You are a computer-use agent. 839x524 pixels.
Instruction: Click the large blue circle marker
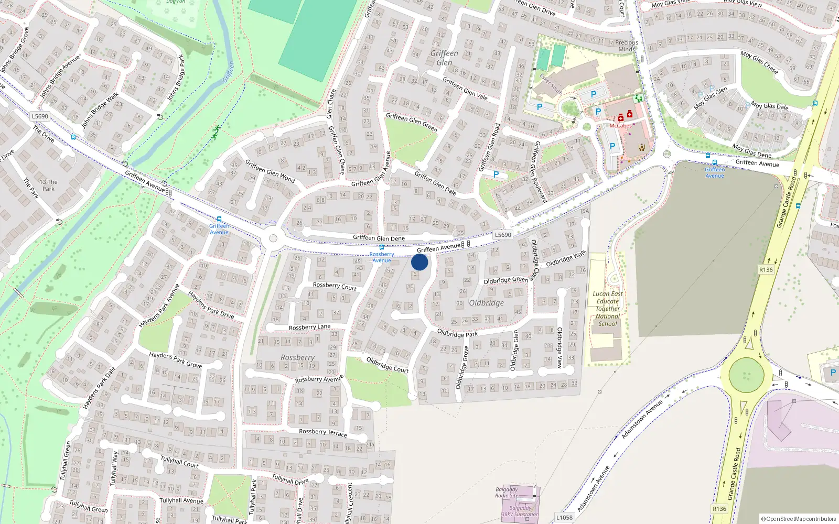419,262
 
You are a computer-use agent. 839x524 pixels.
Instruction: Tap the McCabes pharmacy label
620,126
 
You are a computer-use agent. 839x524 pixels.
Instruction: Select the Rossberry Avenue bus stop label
382,257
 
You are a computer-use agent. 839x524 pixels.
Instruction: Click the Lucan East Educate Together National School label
608,309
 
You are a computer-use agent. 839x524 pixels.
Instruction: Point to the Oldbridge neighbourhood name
486,303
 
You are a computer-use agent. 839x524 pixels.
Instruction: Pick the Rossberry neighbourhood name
297,357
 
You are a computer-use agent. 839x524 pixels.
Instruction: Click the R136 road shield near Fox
766,270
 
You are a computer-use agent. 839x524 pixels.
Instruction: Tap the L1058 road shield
564,517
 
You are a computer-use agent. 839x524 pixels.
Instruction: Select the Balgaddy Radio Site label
507,493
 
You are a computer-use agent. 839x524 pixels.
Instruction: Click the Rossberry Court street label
335,286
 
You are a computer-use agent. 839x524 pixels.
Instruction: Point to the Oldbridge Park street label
457,334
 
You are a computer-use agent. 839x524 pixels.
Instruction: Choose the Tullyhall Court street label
179,462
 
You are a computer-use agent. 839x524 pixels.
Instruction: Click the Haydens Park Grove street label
175,359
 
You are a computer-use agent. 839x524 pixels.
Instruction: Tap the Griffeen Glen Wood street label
270,171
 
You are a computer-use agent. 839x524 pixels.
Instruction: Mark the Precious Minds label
627,46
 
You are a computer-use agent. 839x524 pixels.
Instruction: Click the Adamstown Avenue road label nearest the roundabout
642,420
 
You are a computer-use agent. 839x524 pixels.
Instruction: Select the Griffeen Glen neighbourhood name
444,58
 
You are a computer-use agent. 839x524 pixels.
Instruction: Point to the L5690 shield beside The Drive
40,116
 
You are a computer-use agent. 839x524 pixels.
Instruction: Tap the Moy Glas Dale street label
770,106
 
